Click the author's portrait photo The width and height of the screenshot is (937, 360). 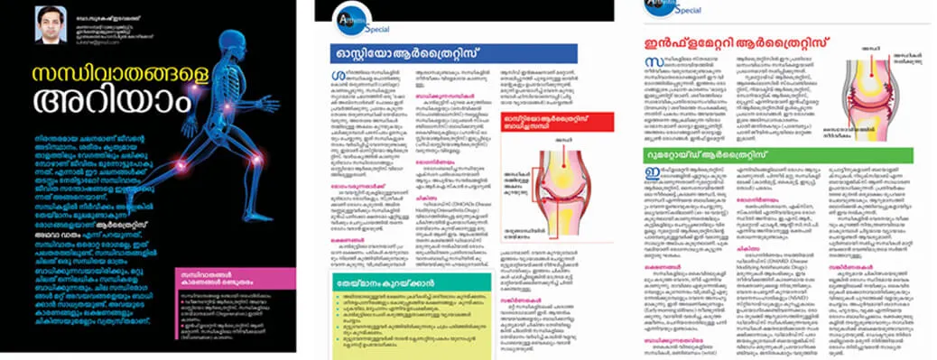click(47, 25)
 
